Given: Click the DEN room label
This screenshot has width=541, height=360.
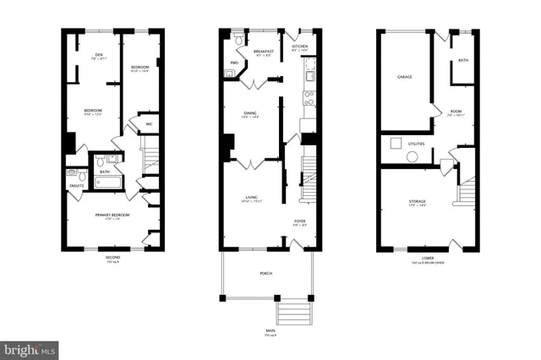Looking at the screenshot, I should tap(98, 56).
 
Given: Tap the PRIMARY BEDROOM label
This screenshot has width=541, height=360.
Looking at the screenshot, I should tap(111, 217).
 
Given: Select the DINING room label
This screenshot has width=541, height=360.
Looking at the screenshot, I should tap(250, 113).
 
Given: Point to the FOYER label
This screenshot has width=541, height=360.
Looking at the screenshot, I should tap(299, 221).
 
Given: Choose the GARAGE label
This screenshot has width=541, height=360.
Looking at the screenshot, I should tap(405, 77).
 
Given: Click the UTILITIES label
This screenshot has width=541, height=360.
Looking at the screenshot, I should tap(417, 145).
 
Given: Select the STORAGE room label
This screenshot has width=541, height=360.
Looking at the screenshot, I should tap(417, 200).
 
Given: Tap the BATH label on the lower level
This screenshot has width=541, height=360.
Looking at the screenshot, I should tap(463, 61).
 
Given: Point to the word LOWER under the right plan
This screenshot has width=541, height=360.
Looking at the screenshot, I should tap(428, 257).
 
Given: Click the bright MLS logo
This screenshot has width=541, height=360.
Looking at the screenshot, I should tap(30, 347).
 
